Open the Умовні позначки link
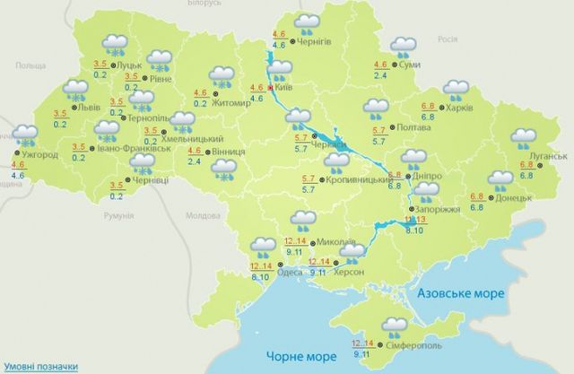tap(39, 366)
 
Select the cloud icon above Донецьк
tap(500, 178)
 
